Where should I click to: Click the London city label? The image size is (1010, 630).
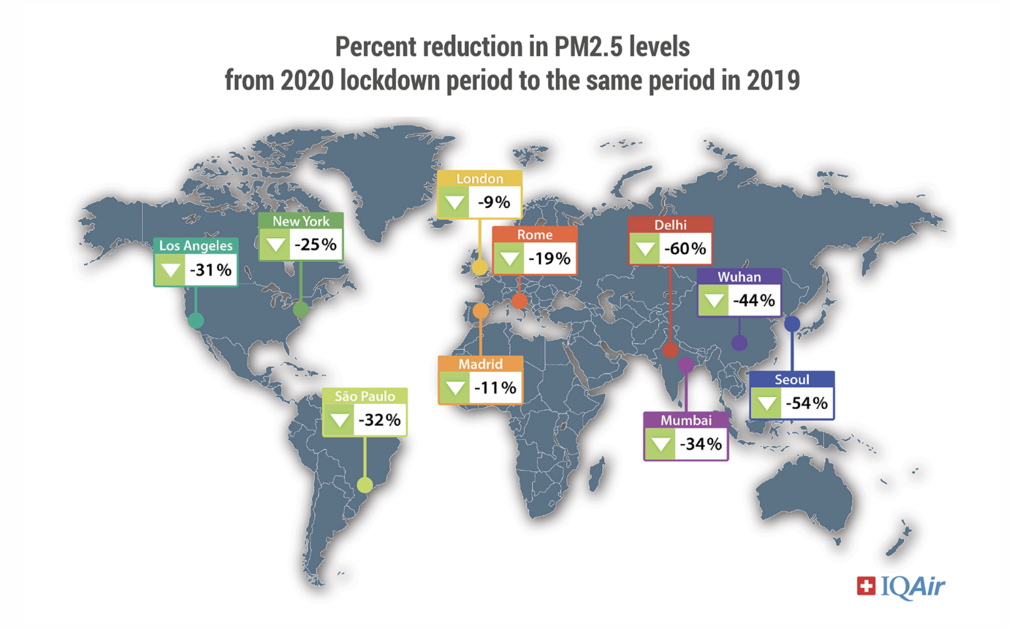(479, 179)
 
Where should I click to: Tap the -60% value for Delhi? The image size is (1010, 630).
(685, 249)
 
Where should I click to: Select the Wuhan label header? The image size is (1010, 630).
(739, 277)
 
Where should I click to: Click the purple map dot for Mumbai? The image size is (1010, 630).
(686, 364)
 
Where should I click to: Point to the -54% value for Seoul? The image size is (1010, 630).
(807, 403)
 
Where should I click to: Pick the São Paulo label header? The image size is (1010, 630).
(365, 396)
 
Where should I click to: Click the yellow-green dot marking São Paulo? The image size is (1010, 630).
(365, 485)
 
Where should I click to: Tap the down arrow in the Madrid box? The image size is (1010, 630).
(454, 388)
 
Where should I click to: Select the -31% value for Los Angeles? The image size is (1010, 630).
(211, 270)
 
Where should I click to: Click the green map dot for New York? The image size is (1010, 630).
(301, 309)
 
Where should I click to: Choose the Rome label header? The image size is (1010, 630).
(534, 235)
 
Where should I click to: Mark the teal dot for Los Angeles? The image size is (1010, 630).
(196, 321)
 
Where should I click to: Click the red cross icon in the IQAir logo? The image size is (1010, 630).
(866, 586)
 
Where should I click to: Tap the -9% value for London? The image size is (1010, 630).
(494, 202)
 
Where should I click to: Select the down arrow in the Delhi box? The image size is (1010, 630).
(644, 249)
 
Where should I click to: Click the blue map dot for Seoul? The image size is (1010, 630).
(792, 324)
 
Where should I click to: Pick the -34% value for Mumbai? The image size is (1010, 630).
(701, 444)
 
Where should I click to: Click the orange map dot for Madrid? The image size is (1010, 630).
(481, 310)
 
